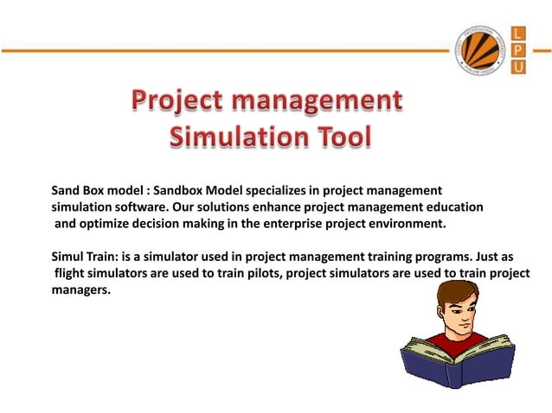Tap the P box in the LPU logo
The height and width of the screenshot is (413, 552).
coord(519,50)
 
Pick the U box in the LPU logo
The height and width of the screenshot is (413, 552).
coord(519,67)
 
